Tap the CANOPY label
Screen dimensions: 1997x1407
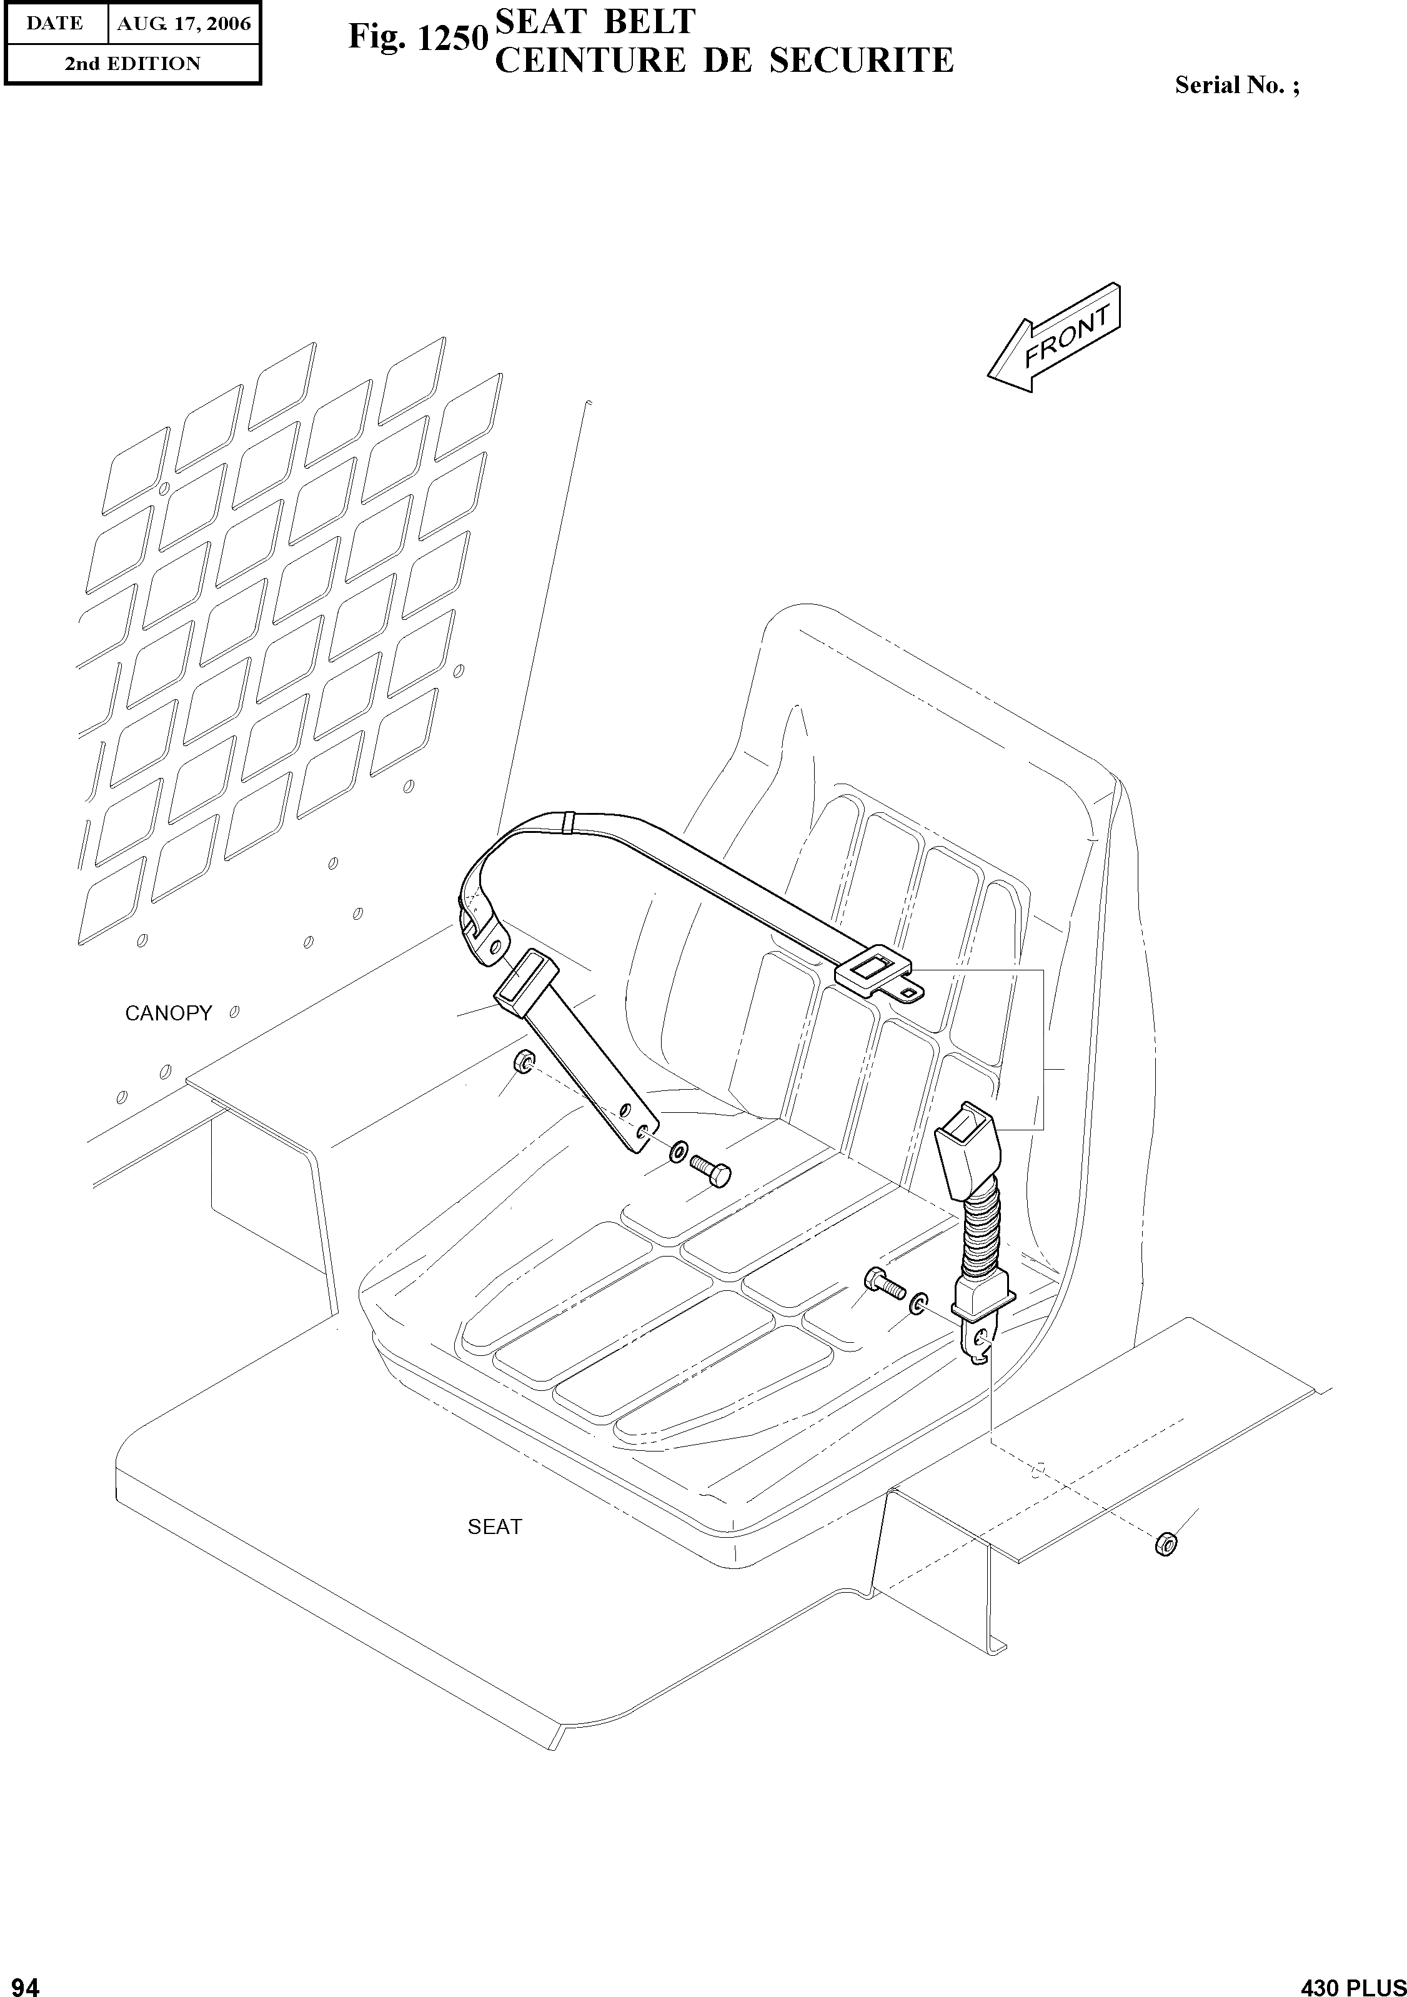[x=168, y=1013]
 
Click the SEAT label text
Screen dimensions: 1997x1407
[x=495, y=1526]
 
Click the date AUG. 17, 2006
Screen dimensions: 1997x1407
[x=184, y=24]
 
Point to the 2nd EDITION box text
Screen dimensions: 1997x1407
[x=132, y=64]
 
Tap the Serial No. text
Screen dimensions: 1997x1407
[x=1236, y=85]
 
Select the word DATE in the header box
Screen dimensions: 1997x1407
[x=54, y=24]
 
